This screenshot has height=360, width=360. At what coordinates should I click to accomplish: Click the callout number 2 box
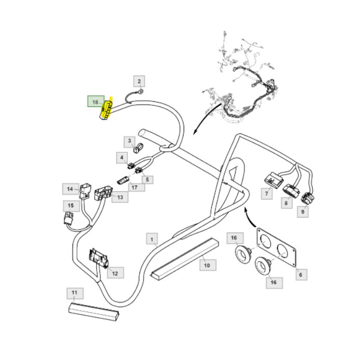tap(139, 81)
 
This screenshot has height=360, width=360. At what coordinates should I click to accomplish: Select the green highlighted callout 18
tap(95, 102)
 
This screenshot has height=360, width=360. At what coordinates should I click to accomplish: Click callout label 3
tap(130, 140)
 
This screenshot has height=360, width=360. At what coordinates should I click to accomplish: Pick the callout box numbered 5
tap(147, 179)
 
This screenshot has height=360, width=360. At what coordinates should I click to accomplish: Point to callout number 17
tap(134, 187)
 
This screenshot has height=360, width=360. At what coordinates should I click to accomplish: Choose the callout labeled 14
tap(70, 189)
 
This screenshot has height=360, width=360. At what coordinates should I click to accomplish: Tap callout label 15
tap(70, 206)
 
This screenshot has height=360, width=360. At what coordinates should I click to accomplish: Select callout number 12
tap(115, 273)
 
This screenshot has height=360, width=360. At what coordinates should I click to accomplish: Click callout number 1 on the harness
tap(152, 239)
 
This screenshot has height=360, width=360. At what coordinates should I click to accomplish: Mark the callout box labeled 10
tap(207, 265)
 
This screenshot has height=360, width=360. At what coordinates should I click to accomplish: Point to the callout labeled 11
tap(75, 294)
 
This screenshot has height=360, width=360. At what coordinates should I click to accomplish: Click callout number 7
tap(267, 194)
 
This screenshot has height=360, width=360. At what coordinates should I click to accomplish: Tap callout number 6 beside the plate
tap(300, 275)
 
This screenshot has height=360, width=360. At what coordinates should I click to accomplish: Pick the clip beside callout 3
tap(138, 150)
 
